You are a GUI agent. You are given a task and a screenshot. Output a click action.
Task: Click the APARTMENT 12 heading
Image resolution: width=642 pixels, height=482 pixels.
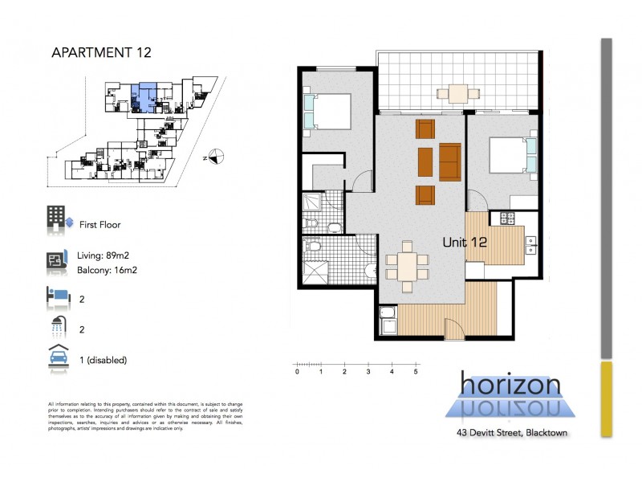point(100,53)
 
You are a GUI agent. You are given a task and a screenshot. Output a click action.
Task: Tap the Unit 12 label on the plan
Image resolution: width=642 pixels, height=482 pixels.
point(465,242)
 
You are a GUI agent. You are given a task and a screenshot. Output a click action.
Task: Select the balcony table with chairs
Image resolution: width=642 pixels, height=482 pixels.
point(458,92)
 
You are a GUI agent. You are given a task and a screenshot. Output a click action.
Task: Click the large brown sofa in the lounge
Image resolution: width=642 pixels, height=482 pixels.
point(449,161)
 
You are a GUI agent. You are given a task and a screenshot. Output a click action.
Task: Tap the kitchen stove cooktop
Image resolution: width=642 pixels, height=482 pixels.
point(506,218)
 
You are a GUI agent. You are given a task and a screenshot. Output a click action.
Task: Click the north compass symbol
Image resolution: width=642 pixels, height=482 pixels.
point(213,157)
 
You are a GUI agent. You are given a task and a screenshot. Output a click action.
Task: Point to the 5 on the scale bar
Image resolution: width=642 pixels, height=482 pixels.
point(416,371)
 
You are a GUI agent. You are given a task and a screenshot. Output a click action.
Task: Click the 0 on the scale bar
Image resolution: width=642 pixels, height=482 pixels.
point(297,371)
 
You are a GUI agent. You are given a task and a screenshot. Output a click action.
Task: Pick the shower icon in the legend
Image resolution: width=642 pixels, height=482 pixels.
point(55,328)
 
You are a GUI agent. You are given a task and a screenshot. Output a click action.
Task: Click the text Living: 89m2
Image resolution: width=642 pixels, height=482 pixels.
point(108,255)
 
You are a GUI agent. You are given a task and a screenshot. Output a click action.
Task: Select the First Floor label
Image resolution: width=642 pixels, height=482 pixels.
point(100,226)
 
